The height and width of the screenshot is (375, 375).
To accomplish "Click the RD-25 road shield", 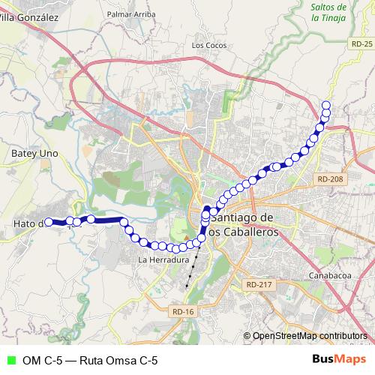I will (361, 45).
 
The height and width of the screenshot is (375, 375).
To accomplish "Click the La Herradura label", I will (163, 259).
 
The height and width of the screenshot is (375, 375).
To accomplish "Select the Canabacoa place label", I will (330, 277).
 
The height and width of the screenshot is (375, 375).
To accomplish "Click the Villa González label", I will (28, 16).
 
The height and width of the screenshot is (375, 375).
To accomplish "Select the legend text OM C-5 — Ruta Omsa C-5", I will (90, 361).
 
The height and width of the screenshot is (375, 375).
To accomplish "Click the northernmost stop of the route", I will (326, 105).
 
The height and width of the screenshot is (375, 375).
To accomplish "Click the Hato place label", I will (27, 223).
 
